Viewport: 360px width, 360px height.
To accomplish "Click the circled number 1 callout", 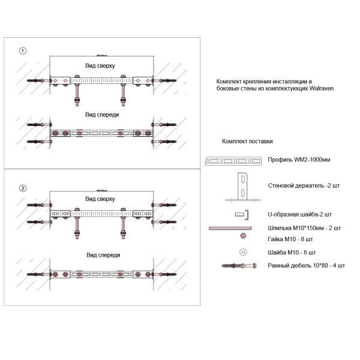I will click(23, 51).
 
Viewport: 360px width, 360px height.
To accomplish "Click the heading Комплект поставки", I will click(247, 142).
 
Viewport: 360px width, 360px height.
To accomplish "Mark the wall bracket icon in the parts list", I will click(241, 187).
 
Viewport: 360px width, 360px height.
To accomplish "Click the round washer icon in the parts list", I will click(242, 252).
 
